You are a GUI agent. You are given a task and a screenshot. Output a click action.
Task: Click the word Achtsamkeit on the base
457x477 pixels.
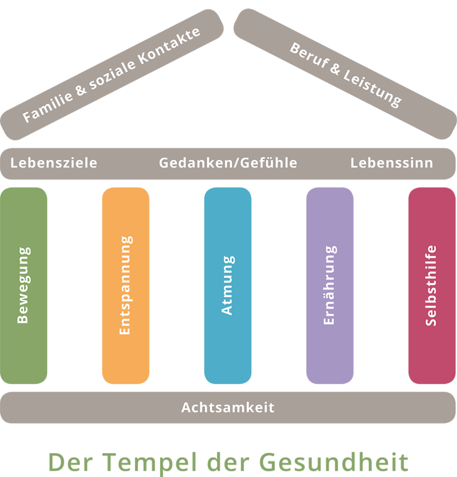point(228,407)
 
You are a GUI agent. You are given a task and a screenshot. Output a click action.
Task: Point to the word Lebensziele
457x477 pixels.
point(54,163)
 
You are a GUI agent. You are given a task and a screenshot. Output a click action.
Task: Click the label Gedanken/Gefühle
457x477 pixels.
point(228,163)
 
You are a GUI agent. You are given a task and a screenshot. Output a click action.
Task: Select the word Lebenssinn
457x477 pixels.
point(392,163)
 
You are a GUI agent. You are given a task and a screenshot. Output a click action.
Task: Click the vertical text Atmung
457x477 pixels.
point(227,285)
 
